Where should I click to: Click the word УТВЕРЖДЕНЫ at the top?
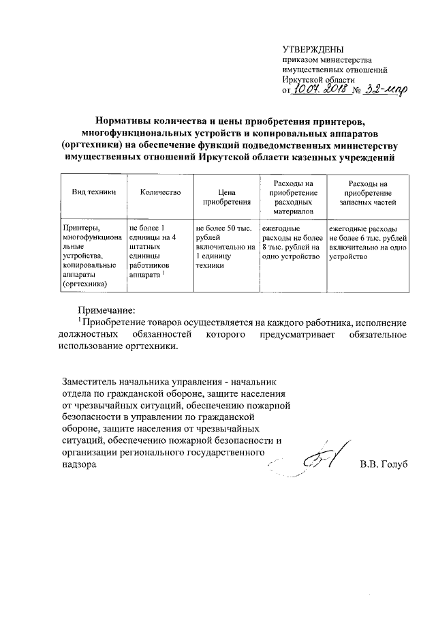pyautogui.click(x=313, y=49)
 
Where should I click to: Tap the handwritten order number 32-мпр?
pyautogui.click(x=379, y=90)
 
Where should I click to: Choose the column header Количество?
pyautogui.click(x=160, y=193)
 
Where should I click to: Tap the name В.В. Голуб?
pyautogui.click(x=383, y=465)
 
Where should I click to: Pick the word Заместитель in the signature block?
pyautogui.click(x=93, y=380)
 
